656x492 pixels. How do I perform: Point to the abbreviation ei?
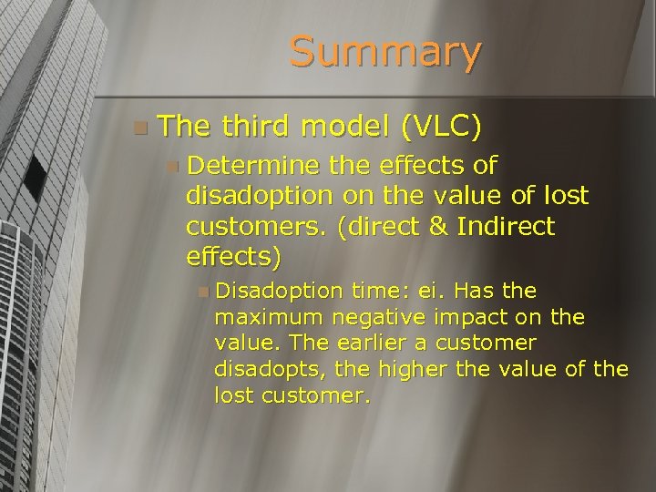click(429, 291)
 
